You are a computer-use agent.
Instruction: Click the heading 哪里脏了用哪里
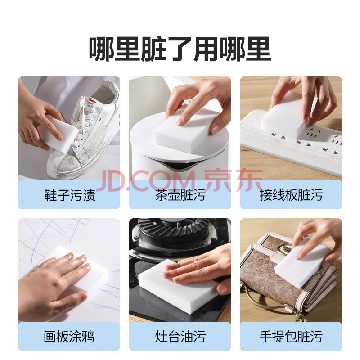click(180, 49)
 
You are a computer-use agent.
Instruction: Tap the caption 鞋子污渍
click(70, 195)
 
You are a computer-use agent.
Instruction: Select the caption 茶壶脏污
click(180, 195)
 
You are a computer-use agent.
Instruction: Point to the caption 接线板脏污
click(291, 195)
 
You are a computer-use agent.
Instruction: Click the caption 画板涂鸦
click(69, 336)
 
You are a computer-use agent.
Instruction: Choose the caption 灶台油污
click(180, 336)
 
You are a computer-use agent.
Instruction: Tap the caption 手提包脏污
click(291, 336)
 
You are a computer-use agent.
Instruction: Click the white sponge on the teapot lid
click(184, 131)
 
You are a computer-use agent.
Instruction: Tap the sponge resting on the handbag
click(303, 264)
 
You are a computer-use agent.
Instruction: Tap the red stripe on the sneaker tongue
click(93, 100)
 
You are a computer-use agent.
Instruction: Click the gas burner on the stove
click(175, 232)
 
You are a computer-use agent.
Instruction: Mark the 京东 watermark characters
click(234, 180)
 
